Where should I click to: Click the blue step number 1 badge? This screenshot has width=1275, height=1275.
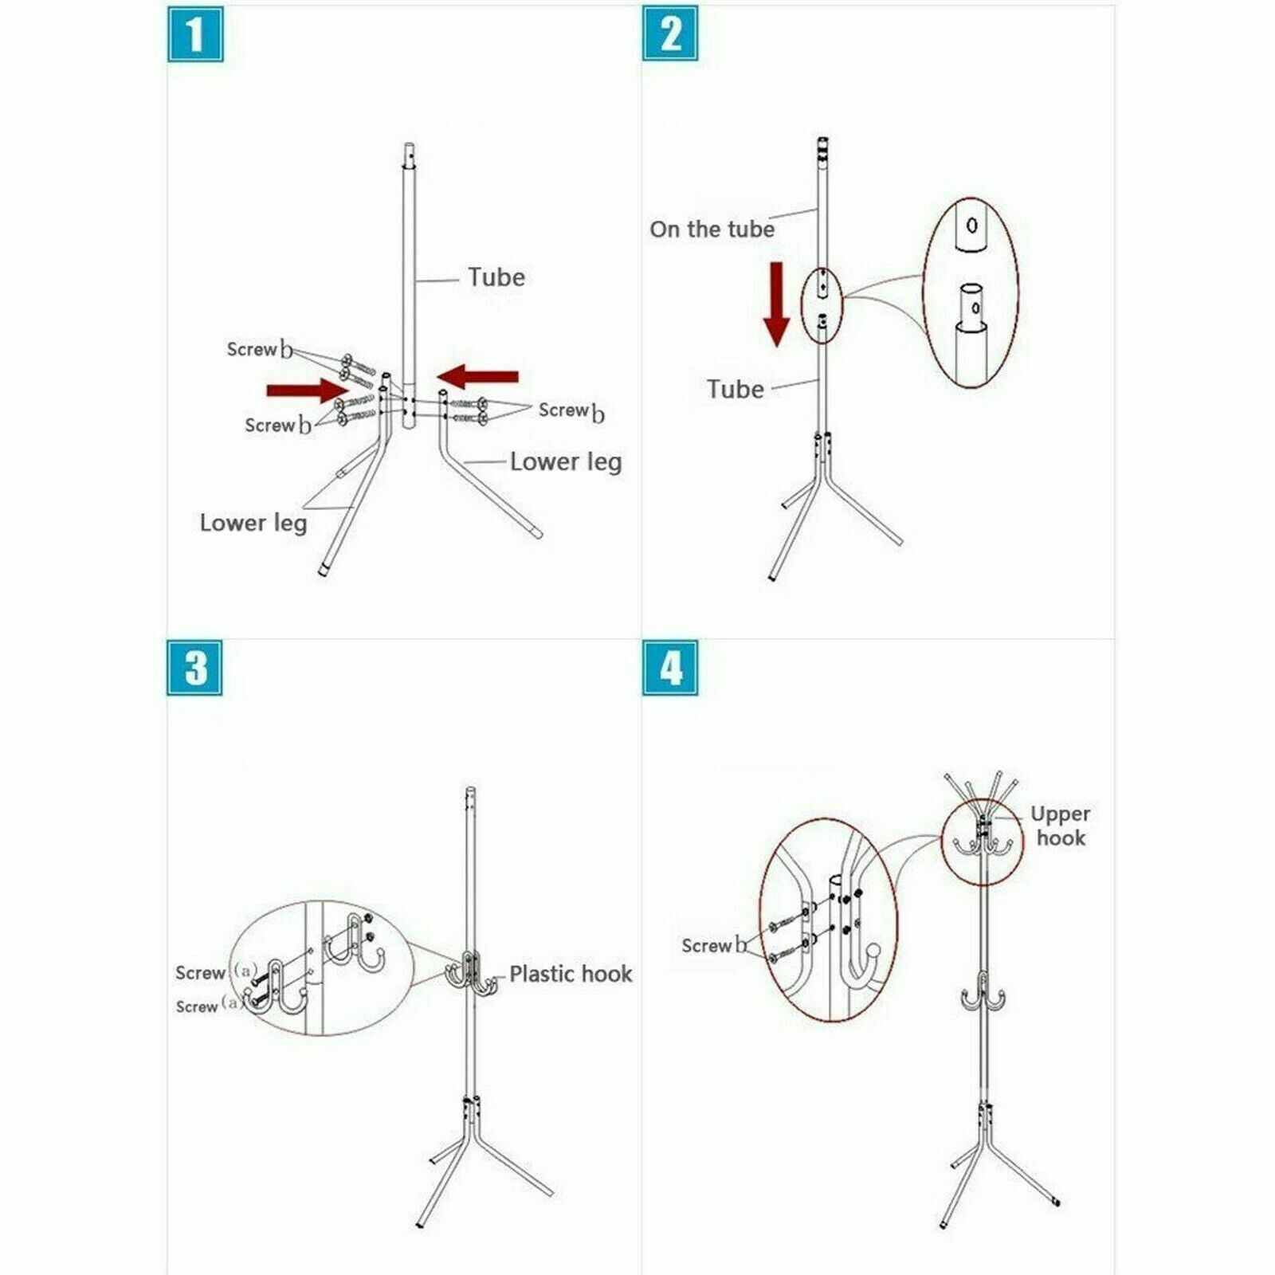pyautogui.click(x=195, y=33)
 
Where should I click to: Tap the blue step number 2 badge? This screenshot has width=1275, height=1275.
pyautogui.click(x=670, y=33)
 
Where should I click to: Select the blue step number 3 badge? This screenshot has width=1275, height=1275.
pyautogui.click(x=194, y=667)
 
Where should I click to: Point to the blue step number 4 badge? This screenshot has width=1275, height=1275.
pyautogui.click(x=670, y=667)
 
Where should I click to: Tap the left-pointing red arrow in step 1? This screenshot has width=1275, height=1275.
pyautogui.click(x=477, y=376)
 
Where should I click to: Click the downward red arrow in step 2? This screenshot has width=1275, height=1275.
pyautogui.click(x=776, y=304)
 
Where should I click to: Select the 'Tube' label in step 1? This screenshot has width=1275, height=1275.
pyautogui.click(x=496, y=277)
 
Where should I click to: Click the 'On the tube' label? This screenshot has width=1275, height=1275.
pyautogui.click(x=712, y=229)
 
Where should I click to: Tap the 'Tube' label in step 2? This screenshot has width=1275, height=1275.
pyautogui.click(x=736, y=389)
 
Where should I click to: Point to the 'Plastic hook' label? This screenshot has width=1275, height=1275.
pyautogui.click(x=571, y=974)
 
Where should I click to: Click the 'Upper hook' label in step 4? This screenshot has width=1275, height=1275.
pyautogui.click(x=1060, y=826)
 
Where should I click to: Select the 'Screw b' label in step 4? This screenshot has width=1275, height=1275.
pyautogui.click(x=715, y=946)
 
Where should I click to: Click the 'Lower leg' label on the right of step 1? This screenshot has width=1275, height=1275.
pyautogui.click(x=566, y=462)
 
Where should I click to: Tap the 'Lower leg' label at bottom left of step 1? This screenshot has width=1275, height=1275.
pyautogui.click(x=253, y=523)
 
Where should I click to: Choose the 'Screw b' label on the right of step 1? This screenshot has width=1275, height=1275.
pyautogui.click(x=571, y=411)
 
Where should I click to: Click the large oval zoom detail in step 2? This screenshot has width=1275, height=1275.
pyautogui.click(x=971, y=292)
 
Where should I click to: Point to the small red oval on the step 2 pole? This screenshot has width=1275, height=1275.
pyautogui.click(x=822, y=306)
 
